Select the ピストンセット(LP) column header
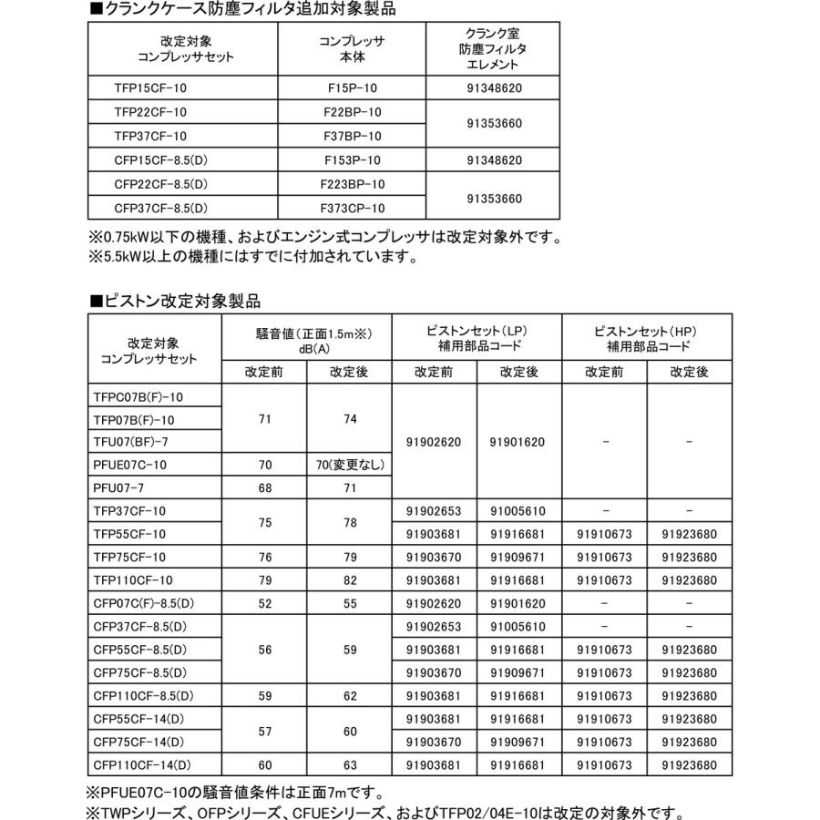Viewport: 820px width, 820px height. (477, 337)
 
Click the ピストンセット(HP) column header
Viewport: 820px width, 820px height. (647, 337)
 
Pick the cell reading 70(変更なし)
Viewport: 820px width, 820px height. (349, 465)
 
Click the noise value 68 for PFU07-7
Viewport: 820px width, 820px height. (265, 487)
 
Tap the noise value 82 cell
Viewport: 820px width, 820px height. (349, 579)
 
